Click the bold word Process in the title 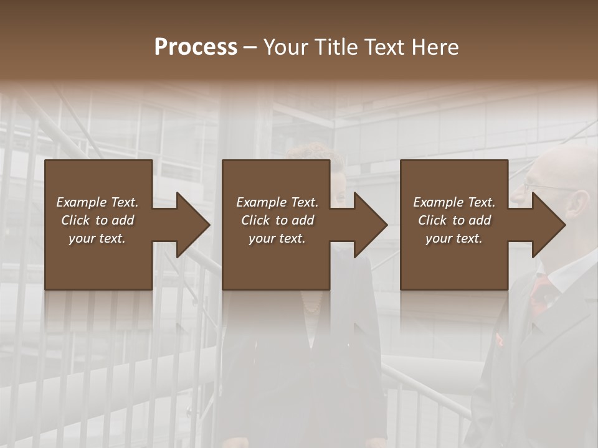196,47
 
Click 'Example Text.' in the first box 98,202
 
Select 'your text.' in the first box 98,238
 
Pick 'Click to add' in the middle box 277,220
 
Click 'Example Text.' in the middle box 277,202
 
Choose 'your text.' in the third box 454,238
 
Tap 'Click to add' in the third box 454,220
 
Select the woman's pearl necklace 311,305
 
